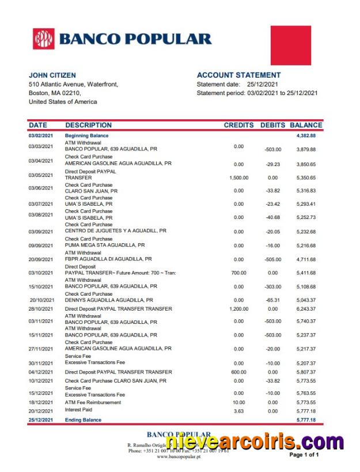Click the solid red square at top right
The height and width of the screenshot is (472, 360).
click(x=291, y=45)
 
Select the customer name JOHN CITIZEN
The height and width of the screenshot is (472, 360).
click(x=52, y=75)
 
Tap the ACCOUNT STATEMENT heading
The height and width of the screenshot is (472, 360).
click(x=239, y=75)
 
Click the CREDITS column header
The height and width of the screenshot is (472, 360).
click(x=238, y=125)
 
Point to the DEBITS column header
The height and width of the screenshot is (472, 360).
click(x=272, y=125)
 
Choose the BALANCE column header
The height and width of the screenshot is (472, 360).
click(x=306, y=125)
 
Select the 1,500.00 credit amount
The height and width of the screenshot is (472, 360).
click(x=238, y=178)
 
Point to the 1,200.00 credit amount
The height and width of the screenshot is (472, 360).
click(x=238, y=309)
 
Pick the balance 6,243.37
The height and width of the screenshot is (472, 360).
click(x=306, y=309)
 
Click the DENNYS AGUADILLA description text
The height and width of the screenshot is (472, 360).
click(x=109, y=300)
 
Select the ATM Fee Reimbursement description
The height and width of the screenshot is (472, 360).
click(x=93, y=402)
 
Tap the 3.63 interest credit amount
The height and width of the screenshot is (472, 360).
click(x=239, y=411)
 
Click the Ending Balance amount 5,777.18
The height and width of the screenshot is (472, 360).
click(x=306, y=420)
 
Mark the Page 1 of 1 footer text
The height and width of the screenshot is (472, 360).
click(x=304, y=455)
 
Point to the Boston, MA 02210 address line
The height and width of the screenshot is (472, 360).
click(x=55, y=93)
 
